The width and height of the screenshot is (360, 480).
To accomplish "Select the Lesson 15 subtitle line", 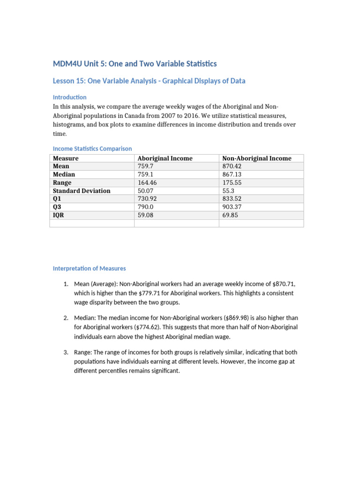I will (149, 81).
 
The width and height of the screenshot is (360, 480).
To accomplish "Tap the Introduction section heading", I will (69, 97).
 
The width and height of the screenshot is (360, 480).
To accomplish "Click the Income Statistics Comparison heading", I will (92, 149).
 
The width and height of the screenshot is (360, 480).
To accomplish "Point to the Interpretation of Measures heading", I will (89, 269).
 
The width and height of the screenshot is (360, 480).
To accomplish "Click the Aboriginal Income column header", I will (165, 158).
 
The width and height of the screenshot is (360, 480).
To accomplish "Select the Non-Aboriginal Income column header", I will (256, 158).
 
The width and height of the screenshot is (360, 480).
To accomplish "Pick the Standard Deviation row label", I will (82, 191).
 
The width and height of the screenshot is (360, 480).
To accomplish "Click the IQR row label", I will (58, 215).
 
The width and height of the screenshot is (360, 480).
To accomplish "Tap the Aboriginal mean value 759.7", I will (145, 166).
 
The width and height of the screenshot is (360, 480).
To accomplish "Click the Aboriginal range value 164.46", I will (147, 183).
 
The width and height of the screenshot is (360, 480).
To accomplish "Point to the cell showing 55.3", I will (228, 191).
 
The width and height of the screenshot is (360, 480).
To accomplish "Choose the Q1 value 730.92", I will (147, 199).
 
